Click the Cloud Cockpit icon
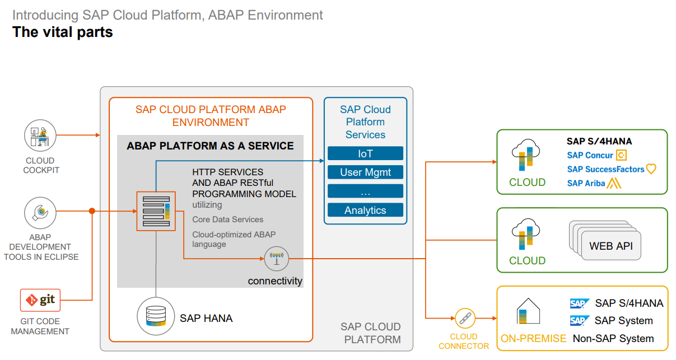[40, 135]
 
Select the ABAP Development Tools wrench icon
[40, 212]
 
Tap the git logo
[40, 300]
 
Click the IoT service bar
[365, 153]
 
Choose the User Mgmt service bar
[365, 172]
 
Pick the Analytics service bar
[365, 210]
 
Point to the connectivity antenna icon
[275, 259]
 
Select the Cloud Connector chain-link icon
[464, 318]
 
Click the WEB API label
[610, 246]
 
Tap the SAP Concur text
[590, 155]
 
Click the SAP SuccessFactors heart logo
[651, 169]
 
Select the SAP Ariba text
[586, 183]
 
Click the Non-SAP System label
[613, 339]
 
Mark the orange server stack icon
[156, 211]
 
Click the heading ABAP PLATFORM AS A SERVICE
[210, 146]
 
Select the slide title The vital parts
[63, 32]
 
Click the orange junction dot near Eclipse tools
[92, 211]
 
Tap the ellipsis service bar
[365, 191]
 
